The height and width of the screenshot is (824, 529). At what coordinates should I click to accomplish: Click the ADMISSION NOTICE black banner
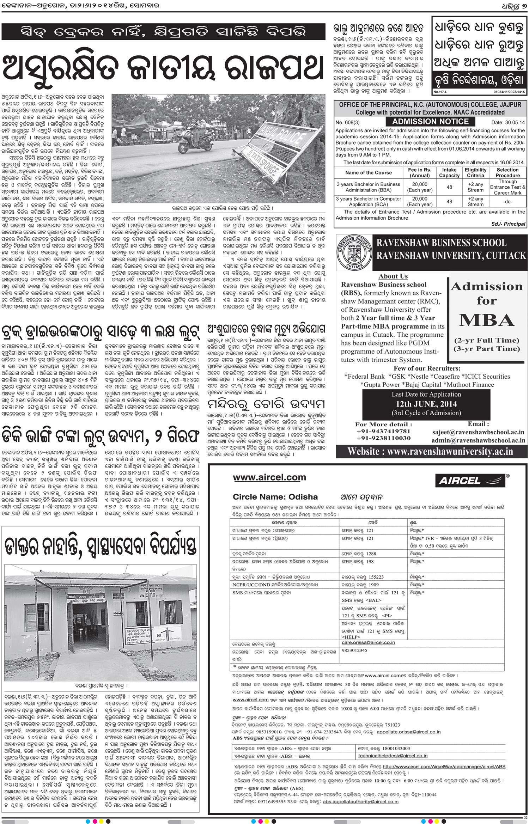(x=430, y=122)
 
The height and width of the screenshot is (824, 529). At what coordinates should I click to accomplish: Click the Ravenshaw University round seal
(x=354, y=252)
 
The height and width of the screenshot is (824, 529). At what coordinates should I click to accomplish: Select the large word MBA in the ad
(x=487, y=320)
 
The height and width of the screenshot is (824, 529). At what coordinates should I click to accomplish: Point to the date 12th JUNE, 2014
(x=426, y=404)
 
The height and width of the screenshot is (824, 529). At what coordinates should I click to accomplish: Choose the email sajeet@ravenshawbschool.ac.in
(x=478, y=432)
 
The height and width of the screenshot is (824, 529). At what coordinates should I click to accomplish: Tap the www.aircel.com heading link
(x=269, y=477)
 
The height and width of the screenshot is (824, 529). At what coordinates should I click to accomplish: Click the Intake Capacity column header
(x=449, y=172)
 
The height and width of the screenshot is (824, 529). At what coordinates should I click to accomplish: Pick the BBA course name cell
(x=368, y=187)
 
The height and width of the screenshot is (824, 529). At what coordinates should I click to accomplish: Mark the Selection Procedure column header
(x=507, y=172)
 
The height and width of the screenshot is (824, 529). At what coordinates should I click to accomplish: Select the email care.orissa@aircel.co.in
(x=368, y=642)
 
